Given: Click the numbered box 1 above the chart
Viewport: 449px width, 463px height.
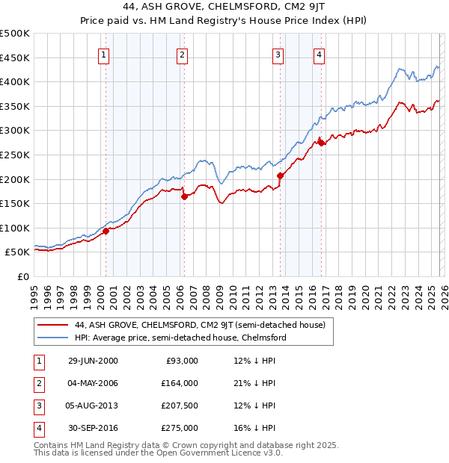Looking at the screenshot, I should tap(103, 54).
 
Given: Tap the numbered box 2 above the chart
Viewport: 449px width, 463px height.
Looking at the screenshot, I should tap(183, 54).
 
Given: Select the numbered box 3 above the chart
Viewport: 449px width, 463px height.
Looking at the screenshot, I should tap(278, 54).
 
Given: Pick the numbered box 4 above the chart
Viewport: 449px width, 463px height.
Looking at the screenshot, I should tap(320, 54).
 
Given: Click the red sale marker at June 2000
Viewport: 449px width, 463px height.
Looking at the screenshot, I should tap(106, 231).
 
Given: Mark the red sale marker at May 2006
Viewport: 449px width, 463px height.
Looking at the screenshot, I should tap(184, 196).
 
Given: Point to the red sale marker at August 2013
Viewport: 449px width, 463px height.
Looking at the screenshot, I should tap(280, 175).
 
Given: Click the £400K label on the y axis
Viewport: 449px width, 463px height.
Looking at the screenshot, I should tap(15, 81).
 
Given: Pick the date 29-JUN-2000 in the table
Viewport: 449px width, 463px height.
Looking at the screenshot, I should tap(93, 361).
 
